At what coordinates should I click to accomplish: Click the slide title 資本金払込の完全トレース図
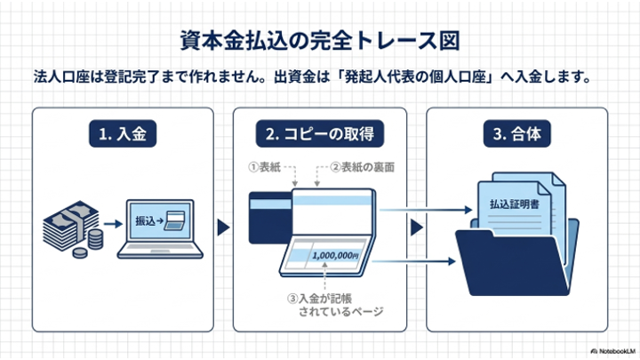(320, 40)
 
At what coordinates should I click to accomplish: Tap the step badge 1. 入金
(123, 133)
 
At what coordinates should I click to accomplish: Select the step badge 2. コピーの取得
(320, 133)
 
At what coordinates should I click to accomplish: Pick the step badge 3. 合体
(516, 133)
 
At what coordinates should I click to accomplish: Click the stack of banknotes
(70, 226)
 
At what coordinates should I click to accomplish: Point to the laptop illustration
(160, 229)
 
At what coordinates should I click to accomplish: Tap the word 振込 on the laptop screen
(145, 220)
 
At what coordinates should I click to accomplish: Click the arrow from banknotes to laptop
(113, 224)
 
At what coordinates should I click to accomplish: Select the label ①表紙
(265, 167)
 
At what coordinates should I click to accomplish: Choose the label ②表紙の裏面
(362, 167)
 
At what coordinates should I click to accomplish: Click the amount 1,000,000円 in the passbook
(335, 255)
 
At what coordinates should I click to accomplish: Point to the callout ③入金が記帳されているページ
(335, 305)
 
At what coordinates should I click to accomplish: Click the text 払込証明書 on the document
(515, 204)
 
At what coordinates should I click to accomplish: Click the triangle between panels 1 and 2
(223, 228)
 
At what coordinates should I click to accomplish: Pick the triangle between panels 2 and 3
(416, 228)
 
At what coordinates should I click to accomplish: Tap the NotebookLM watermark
(612, 351)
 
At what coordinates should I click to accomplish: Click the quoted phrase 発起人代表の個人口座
(416, 76)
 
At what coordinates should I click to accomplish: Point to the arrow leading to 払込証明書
(426, 210)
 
